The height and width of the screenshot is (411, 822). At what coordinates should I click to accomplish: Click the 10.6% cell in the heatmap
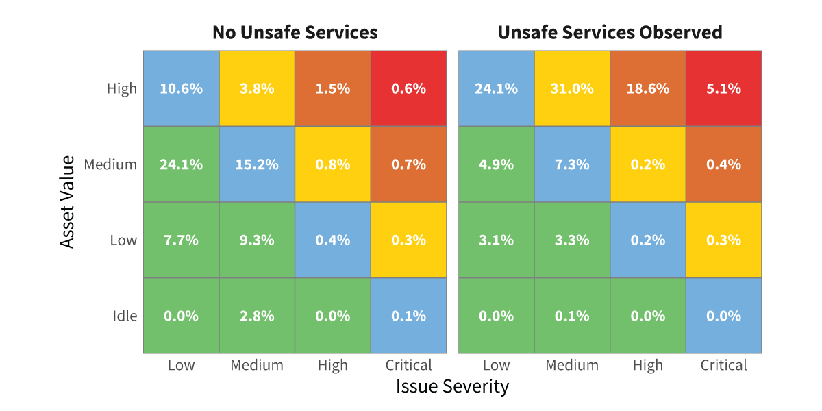[x=182, y=88]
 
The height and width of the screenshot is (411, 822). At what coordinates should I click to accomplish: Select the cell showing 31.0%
[x=572, y=88]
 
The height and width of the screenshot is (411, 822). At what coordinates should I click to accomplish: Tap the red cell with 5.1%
[x=723, y=88]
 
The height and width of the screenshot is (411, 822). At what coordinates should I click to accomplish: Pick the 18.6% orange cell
[x=648, y=88]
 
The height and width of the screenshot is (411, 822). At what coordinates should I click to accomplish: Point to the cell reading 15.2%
[x=257, y=164]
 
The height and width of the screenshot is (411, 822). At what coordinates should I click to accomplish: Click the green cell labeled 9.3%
[x=257, y=240]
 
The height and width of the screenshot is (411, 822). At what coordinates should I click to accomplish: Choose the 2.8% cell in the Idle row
[x=257, y=316]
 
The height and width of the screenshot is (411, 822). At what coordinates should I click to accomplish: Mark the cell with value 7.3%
[x=572, y=164]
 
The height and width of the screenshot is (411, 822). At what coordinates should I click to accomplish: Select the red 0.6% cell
[x=408, y=88]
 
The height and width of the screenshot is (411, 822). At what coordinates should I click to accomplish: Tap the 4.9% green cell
[x=496, y=164]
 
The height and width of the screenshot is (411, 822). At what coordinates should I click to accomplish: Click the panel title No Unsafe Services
[x=295, y=32]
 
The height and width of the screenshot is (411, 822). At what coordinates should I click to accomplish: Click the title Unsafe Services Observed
[x=610, y=32]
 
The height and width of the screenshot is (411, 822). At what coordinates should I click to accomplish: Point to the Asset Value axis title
[x=67, y=202]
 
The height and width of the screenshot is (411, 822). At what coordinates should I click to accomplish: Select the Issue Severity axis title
[x=452, y=386]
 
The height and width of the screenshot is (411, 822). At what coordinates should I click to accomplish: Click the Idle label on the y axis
[x=125, y=316]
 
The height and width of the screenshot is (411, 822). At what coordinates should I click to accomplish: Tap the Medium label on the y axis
[x=110, y=164]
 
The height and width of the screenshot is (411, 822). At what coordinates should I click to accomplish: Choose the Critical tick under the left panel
[x=408, y=365]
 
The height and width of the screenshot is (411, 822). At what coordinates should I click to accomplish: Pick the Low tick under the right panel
[x=496, y=365]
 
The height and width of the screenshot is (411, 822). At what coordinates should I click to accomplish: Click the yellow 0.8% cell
[x=333, y=164]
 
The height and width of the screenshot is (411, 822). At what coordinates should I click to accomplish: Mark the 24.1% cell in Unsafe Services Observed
[x=496, y=88]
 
